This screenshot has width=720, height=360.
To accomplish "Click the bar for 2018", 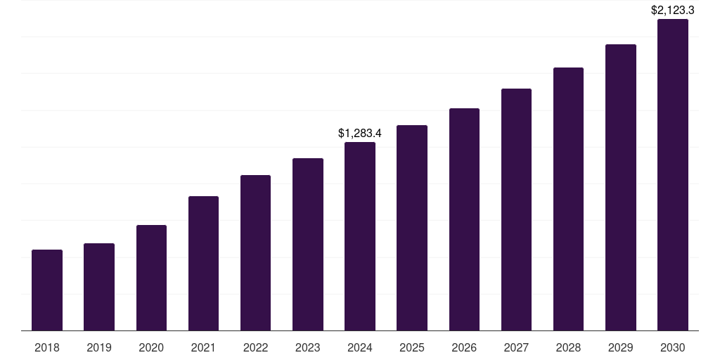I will coord(47,290).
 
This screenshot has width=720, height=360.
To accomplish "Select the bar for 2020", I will coord(151,278).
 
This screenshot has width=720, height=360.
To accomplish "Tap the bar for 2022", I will coord(255,252).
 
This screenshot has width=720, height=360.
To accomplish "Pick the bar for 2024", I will coord(360,236).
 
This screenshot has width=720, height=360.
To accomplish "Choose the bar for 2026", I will coord(464,219).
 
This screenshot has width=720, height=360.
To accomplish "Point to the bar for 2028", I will coord(568,199).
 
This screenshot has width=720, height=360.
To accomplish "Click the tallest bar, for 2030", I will coord(673,174).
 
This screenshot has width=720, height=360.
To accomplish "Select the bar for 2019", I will coord(99,287).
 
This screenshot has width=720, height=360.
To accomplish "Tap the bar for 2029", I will coord(621,187).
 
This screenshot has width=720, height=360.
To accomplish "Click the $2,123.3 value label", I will coord(673,11).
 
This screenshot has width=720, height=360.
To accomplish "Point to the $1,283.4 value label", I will coord(360,133).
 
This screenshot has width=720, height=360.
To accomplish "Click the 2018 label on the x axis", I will coord(47,347).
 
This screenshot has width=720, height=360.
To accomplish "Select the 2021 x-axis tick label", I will coord(203,347).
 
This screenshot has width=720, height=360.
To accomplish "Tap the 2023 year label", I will coord(308,347).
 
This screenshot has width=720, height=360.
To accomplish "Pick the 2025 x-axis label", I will coord(412,347).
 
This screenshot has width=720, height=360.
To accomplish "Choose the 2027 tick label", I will coord(516,347).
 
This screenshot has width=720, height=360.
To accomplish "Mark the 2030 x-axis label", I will coord(673,347).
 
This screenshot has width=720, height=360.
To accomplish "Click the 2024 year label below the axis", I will coord(360,347).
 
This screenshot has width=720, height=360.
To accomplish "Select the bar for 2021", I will coord(203,263).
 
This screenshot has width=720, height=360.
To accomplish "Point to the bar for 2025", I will coord(412,228).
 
